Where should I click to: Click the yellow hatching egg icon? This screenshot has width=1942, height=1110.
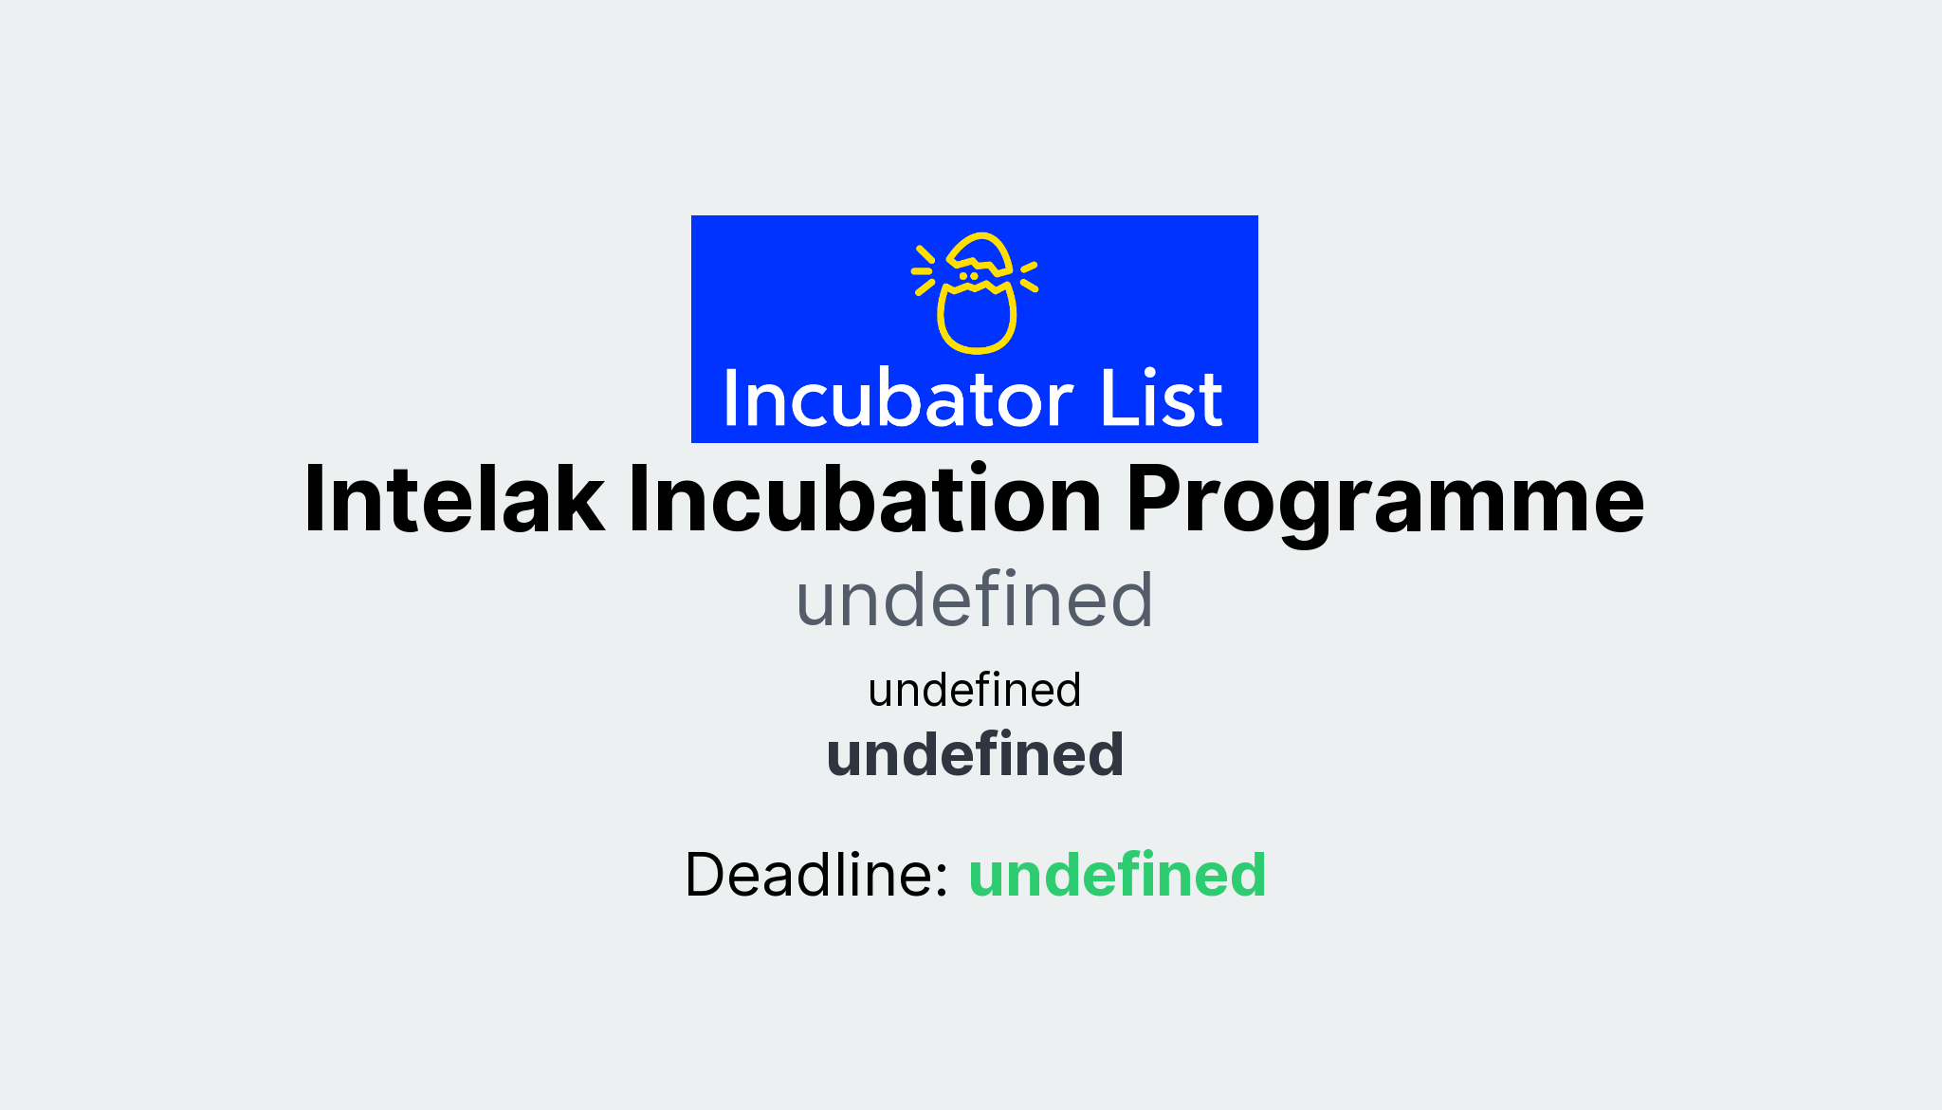pyautogui.click(x=975, y=292)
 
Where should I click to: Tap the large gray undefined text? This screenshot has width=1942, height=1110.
pyautogui.click(x=974, y=600)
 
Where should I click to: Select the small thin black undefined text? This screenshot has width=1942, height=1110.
pyautogui.click(x=974, y=690)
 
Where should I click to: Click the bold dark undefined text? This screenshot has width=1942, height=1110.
pyautogui.click(x=974, y=755)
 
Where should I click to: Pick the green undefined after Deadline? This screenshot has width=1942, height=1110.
pyautogui.click(x=1116, y=874)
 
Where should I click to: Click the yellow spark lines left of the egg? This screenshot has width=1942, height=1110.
pyautogui.click(x=923, y=270)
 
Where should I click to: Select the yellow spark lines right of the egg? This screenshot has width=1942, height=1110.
pyautogui.click(x=1029, y=275)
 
